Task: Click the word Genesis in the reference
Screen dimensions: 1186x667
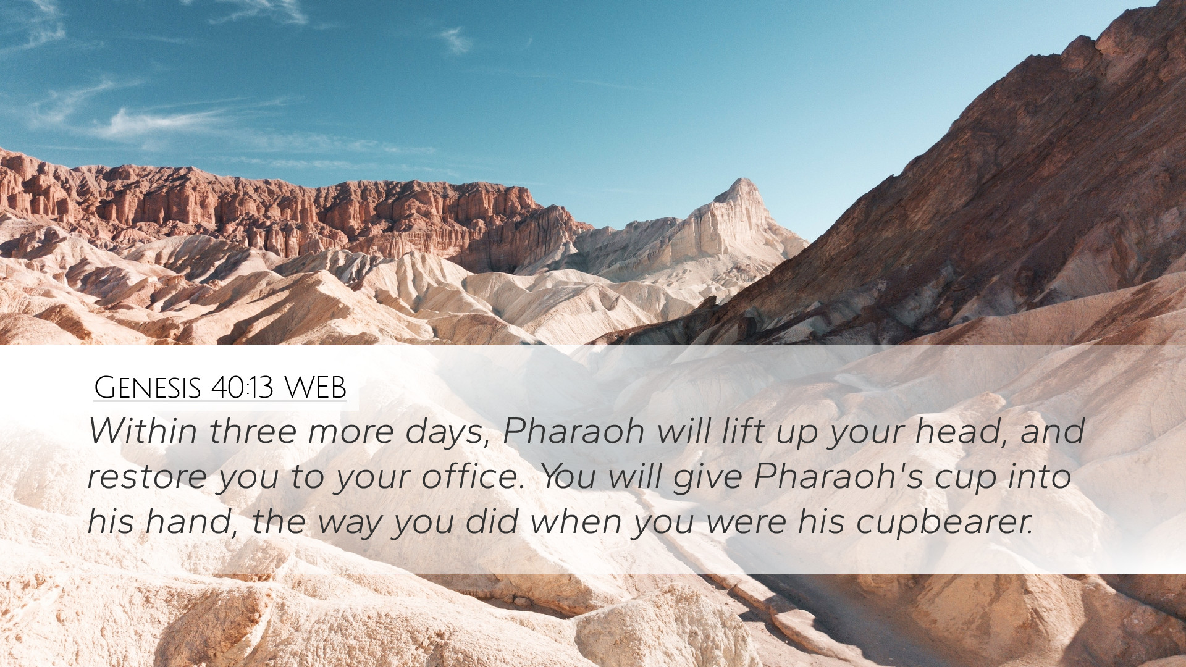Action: pyautogui.click(x=148, y=388)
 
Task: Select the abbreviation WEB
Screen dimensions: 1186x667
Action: pyautogui.click(x=315, y=388)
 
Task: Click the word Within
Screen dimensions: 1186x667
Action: pyautogui.click(x=143, y=430)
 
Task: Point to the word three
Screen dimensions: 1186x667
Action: pyautogui.click(x=253, y=430)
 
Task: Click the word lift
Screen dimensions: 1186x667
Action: pyautogui.click(x=742, y=430)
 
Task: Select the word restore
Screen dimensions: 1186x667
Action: pyautogui.click(x=148, y=477)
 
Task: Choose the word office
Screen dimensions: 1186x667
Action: pyautogui.click(x=473, y=476)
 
